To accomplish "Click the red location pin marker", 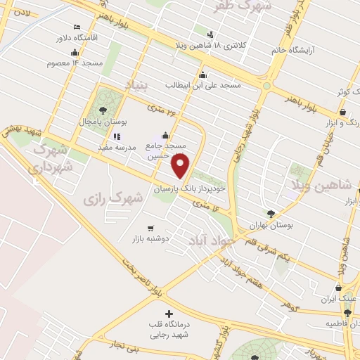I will [181, 165].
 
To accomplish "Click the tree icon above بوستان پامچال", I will [103, 110].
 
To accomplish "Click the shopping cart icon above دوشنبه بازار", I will [150, 228].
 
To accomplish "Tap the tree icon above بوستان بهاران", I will [271, 214].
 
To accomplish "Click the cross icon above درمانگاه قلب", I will [167, 313].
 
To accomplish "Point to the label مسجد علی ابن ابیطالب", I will [203, 85].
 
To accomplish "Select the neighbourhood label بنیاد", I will [138, 86].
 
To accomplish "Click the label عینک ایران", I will [335, 299].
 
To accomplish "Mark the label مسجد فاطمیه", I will [342, 324].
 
